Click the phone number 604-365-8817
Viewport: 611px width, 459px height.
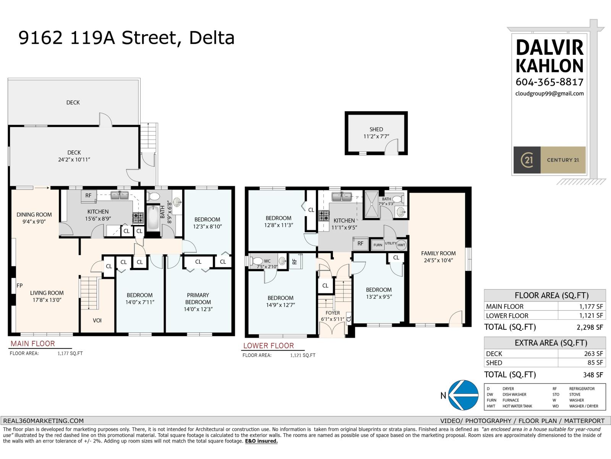click(x=549, y=82)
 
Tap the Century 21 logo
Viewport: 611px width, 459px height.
click(x=549, y=160)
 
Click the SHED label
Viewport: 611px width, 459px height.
click(x=376, y=129)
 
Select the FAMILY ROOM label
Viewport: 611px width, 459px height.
click(x=438, y=253)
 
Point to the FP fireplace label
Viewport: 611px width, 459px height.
click(x=19, y=285)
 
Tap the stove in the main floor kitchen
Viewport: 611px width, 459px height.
click(x=138, y=218)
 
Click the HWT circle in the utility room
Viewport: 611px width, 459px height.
click(x=401, y=245)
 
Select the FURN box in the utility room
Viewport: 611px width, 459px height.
click(x=378, y=245)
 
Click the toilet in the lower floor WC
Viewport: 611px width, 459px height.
click(x=255, y=261)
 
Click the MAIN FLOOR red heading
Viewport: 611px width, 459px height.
click(x=32, y=343)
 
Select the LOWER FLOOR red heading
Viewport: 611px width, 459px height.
click(x=268, y=346)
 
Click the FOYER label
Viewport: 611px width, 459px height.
click(x=333, y=313)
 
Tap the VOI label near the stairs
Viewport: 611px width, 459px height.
click(x=97, y=320)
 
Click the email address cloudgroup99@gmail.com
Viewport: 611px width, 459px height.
click(x=549, y=93)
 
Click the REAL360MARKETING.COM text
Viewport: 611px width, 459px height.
click(x=43, y=421)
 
